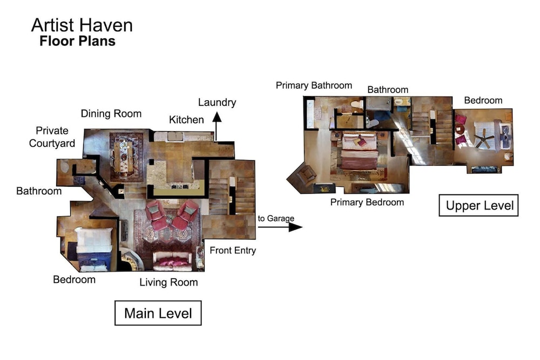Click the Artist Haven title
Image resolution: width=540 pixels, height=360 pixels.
coord(82,25)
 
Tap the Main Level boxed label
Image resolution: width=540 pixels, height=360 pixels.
coord(158,313)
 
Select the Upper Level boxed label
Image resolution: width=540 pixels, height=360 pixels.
coord(478,206)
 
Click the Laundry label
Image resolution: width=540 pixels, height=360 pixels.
coord(217,103)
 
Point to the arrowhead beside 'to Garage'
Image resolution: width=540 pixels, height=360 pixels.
coord(295,227)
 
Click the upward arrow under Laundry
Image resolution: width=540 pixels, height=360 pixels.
coord(217,126)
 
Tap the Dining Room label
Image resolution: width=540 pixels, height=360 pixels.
coord(111,113)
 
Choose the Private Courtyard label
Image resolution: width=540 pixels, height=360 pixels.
coord(52,137)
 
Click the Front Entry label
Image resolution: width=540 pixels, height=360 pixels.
coord(233,250)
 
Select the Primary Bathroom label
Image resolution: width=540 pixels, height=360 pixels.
coord(314,85)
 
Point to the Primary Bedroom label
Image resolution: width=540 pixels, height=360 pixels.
coord(367,202)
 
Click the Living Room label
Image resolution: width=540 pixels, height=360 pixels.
coord(168,282)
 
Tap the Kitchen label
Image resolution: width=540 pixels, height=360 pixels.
coord(186,120)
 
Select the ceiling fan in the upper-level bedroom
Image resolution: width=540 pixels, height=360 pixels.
coord(484,138)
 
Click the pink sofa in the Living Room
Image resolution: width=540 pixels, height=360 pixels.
coord(172,261)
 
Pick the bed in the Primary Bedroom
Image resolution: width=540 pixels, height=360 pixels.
coord(359,152)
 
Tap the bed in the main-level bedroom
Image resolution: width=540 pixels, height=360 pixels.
coord(94,248)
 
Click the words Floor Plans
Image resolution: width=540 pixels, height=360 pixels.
coord(77,41)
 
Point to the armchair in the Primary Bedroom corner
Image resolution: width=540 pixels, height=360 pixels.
coord(306,174)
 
